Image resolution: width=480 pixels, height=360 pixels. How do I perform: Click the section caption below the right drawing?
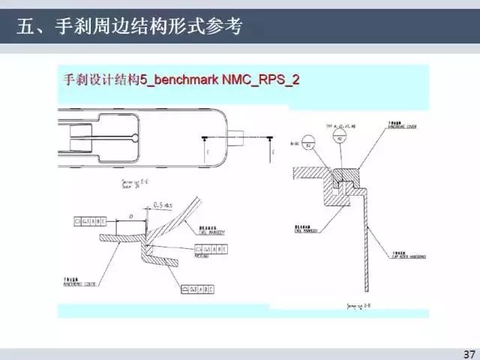pyautogui.click(x=359, y=305)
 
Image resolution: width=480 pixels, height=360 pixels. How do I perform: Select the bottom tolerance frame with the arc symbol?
pyautogui.click(x=197, y=289)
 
